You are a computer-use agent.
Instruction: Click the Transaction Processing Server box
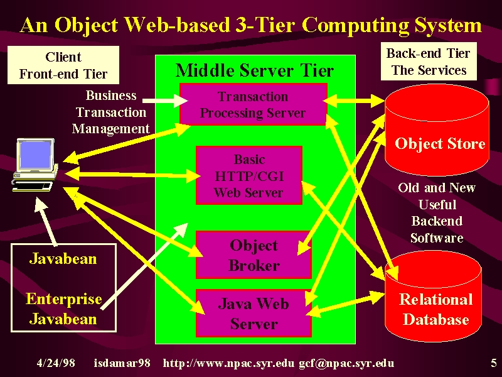[x=254, y=104]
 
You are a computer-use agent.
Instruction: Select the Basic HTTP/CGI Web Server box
[x=249, y=175]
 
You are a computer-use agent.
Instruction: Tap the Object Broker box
[x=254, y=255]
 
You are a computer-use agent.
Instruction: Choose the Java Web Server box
[x=254, y=313]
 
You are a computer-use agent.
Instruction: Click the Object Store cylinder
[x=437, y=130]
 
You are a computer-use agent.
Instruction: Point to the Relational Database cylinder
[x=433, y=297]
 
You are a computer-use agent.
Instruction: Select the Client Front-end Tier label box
[x=63, y=65]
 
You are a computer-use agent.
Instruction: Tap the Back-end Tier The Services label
[x=429, y=61]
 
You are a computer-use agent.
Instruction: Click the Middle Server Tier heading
[x=255, y=70]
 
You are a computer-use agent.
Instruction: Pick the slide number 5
[x=494, y=363]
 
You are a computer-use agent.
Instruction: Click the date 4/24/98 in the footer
[x=56, y=363]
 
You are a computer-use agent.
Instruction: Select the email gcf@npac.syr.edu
[x=347, y=363]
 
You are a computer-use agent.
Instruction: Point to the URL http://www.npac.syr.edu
[x=228, y=363]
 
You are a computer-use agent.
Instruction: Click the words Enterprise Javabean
[x=64, y=309]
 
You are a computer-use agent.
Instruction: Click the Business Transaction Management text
[x=111, y=112]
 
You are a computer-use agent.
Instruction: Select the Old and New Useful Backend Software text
[x=437, y=212]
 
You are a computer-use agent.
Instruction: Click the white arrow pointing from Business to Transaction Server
[x=165, y=101]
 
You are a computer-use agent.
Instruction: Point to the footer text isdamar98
[x=122, y=363]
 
